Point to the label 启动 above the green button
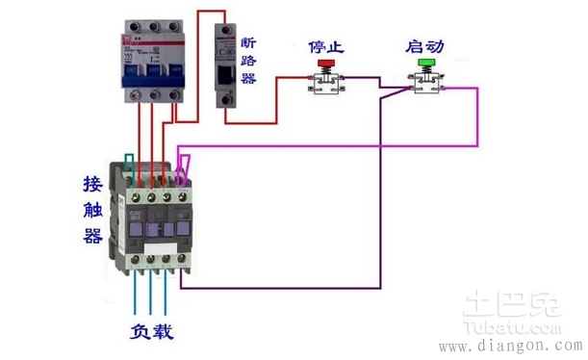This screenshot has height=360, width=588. [x=425, y=45]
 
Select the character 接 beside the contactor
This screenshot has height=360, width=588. [x=93, y=183]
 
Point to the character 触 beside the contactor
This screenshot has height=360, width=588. [x=93, y=209]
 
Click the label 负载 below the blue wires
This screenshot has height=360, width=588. [x=152, y=331]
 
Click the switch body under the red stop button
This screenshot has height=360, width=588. [x=324, y=85]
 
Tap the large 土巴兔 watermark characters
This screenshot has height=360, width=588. [x=521, y=303]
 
